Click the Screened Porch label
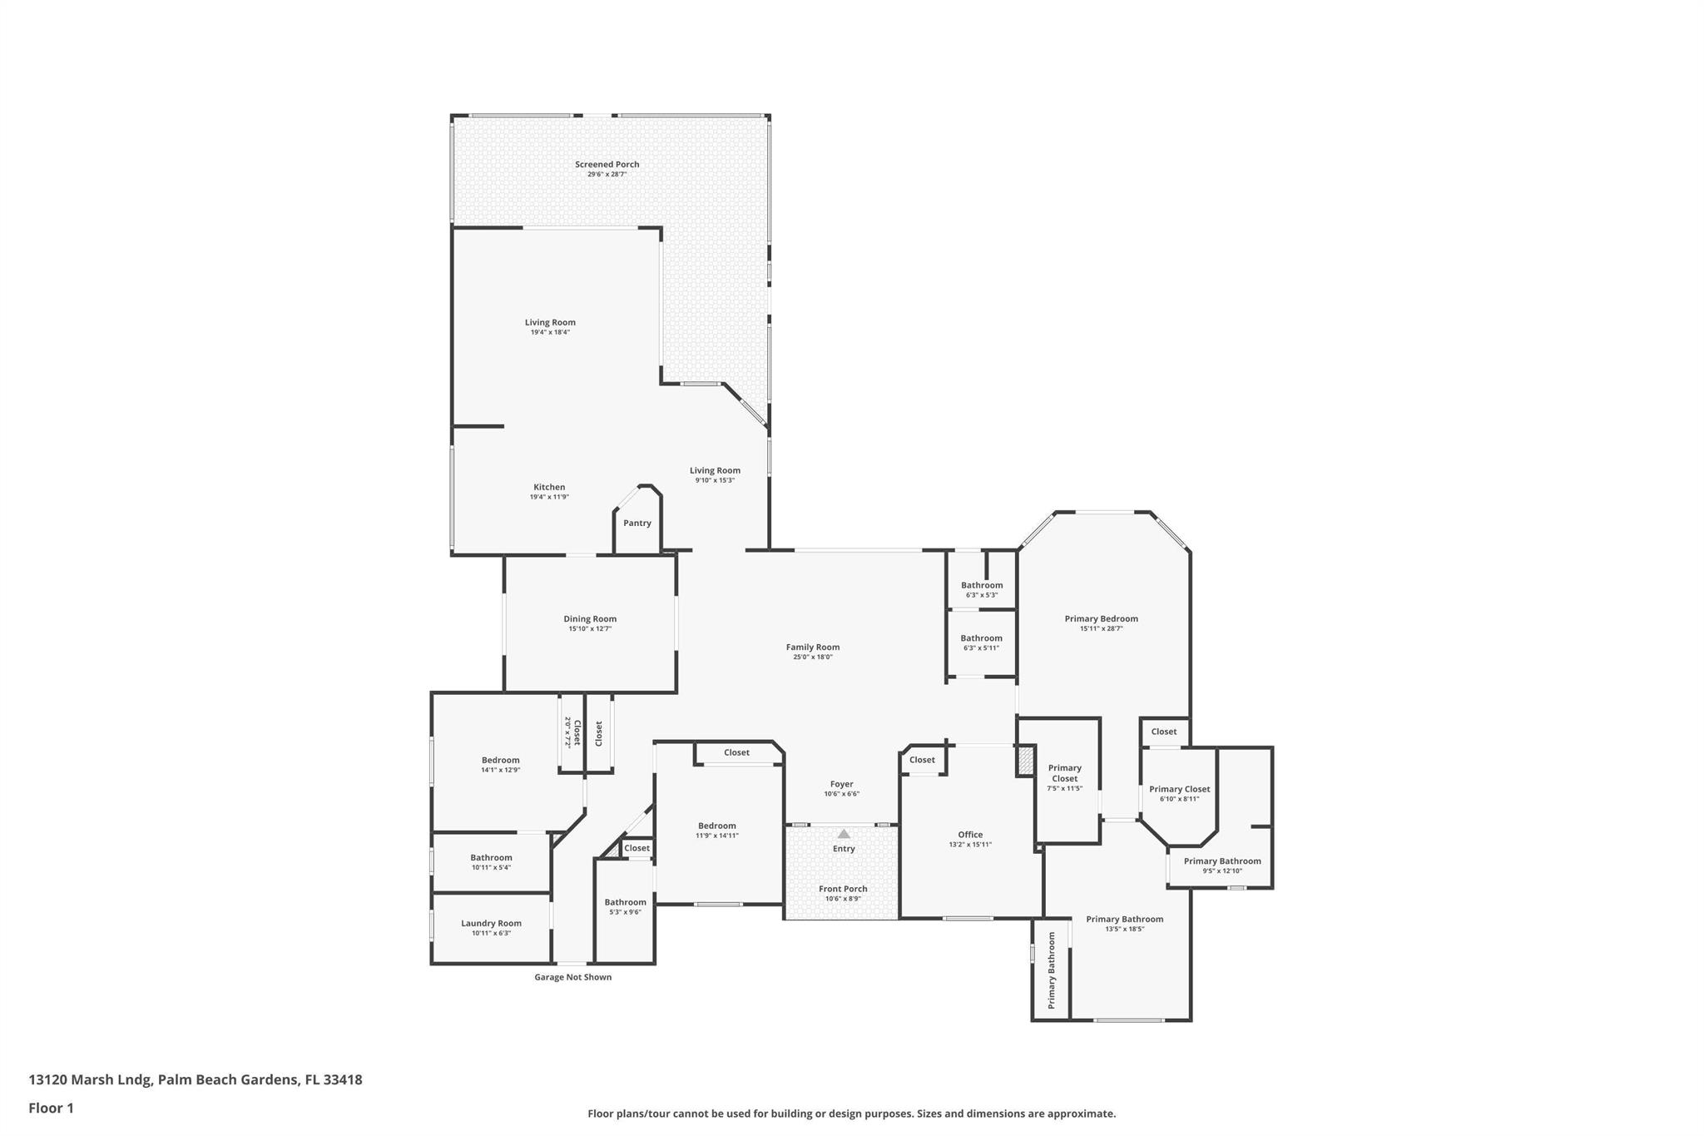[607, 165]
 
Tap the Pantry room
[637, 523]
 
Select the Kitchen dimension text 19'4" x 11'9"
[549, 497]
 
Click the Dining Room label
[590, 618]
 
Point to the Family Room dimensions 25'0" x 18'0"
[812, 657]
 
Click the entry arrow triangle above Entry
[844, 833]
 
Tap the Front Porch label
[843, 889]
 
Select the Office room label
[970, 834]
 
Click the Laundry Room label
[491, 923]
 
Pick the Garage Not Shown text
[572, 977]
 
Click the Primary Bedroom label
[1101, 618]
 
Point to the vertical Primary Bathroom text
[1051, 970]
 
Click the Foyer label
[841, 784]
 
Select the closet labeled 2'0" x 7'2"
[572, 732]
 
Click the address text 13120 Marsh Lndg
[90, 1079]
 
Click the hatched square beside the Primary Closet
[1025, 761]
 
